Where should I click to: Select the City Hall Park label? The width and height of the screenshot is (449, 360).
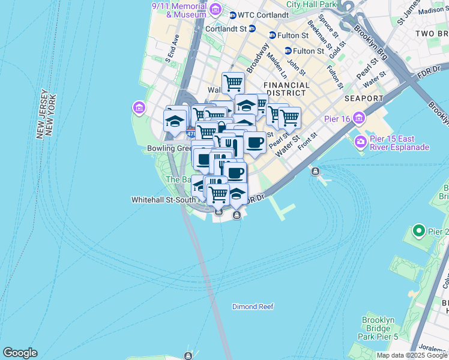click(x=310, y=4)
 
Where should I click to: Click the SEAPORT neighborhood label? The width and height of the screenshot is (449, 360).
click(x=364, y=98)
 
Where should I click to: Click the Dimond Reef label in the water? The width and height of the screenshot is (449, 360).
click(x=253, y=307)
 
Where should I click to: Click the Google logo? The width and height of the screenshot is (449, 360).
click(x=20, y=353)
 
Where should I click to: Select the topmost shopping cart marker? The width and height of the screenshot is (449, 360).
click(x=233, y=82)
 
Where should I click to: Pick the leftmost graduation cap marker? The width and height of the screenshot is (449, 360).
click(x=175, y=121)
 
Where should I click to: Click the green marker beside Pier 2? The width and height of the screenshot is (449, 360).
click(x=419, y=231)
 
